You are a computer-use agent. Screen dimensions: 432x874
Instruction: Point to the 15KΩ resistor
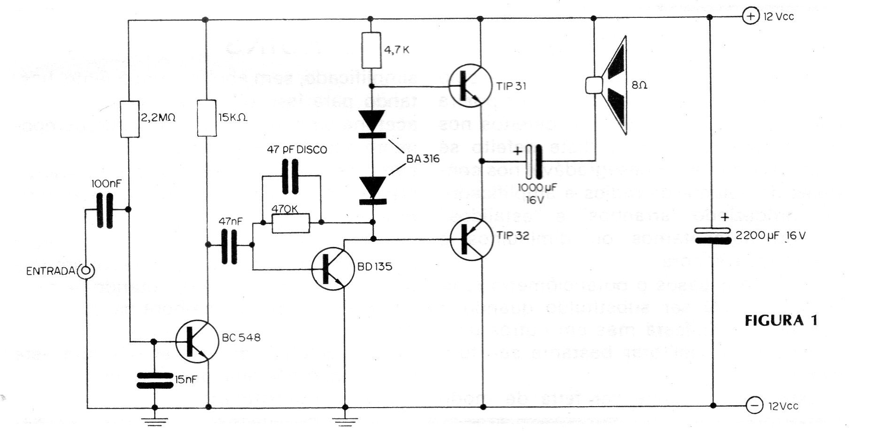pos(207,117)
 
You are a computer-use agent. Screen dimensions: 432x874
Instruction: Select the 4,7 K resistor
pos(371,50)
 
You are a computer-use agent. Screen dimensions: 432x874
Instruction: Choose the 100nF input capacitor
pos(106,210)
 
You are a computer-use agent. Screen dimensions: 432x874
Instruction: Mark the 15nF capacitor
pos(155,380)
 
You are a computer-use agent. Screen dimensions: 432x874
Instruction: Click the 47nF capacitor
pos(229,245)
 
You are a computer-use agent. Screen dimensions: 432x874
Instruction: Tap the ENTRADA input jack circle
pos(87,271)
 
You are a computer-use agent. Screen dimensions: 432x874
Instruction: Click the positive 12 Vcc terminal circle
pos(750,17)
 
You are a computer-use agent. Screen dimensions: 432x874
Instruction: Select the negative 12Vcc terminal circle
pos(754,405)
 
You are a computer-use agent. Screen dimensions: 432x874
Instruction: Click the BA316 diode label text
pos(423,159)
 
